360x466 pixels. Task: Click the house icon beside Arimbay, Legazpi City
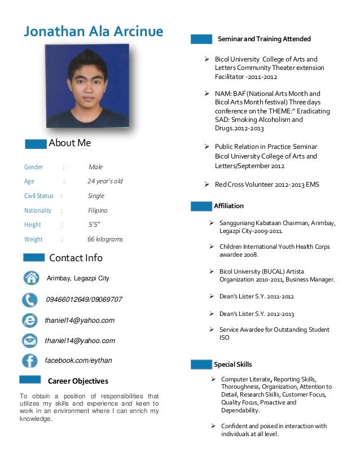coord(30,278)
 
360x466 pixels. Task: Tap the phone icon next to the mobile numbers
coord(30,300)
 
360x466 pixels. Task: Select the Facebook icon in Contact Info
coord(30,361)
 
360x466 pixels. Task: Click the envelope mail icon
coord(30,340)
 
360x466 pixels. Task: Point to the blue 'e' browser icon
coord(30,320)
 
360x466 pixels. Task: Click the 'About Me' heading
coord(69,143)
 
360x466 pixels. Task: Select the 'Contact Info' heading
coord(76,258)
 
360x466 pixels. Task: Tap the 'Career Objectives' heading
coord(78,381)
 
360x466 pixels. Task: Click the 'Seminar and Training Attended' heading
coord(264,39)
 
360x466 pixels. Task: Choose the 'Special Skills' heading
coord(232,364)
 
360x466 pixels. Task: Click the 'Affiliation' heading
coord(229,206)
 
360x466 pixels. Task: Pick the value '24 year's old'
coord(105,181)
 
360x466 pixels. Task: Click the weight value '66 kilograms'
coord(105,239)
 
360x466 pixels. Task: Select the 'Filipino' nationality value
coord(98,210)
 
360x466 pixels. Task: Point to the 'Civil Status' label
coord(39,196)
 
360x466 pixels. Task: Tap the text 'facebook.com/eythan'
coord(78,361)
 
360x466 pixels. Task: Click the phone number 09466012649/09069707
coord(84,300)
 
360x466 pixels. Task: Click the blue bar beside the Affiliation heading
coord(201,206)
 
